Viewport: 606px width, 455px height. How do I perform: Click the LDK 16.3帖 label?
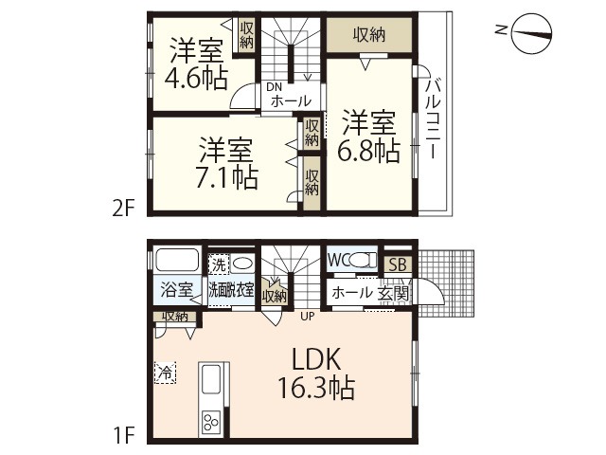pos(316,373)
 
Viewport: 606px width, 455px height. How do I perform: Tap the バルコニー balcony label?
pos(433,118)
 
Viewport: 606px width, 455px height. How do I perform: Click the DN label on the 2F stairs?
pos(274,87)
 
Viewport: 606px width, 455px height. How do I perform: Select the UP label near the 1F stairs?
pos(308,317)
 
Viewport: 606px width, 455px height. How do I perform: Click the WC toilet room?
pos(351,259)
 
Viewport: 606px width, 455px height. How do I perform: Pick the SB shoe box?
pos(398,264)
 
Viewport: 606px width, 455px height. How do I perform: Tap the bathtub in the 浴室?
pos(177,260)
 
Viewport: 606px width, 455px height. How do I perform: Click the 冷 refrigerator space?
pos(166,373)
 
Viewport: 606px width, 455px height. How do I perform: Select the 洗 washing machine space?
pos(219,264)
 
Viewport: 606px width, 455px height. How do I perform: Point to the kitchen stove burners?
pos(211,421)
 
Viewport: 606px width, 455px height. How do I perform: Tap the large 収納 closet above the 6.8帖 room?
pos(369,35)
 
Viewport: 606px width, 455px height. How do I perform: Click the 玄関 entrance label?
pos(393,293)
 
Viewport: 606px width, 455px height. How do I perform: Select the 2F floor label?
pos(123,209)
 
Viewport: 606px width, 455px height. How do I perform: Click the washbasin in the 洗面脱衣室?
pos(242,264)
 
